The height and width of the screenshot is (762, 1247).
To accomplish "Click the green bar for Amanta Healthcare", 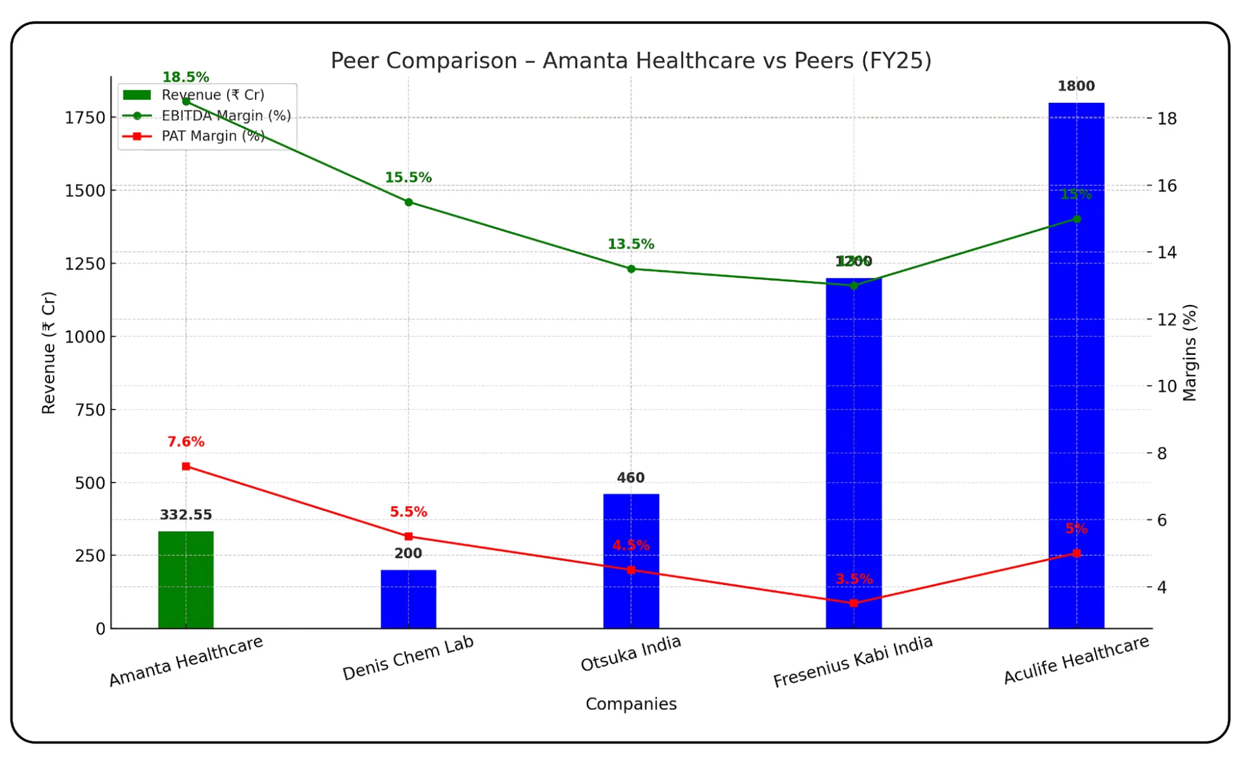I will coord(186,580).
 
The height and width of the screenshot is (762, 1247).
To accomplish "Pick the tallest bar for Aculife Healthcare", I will coord(1076,374).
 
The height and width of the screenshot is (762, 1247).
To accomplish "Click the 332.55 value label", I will coord(186,515).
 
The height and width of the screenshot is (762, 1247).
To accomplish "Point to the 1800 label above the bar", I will coord(1076,86).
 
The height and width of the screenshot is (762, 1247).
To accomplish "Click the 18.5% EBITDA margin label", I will coord(186,77).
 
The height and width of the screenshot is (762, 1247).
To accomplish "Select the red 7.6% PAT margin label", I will coord(186,442).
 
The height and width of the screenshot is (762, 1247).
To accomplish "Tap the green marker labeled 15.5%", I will coord(409,202).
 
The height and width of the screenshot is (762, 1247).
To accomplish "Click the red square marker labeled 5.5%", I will coord(409,536).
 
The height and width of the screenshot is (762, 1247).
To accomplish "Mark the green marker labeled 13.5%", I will coord(631,269).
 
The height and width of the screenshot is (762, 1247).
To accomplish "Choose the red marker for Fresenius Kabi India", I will coord(853,603).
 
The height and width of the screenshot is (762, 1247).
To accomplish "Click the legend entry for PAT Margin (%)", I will coord(213,136).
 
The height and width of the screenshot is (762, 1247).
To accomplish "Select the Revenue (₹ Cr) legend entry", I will coord(213,95).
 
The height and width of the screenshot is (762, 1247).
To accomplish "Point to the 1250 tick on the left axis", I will coord(85,264).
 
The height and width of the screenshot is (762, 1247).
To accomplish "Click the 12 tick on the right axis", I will coord(1167,320).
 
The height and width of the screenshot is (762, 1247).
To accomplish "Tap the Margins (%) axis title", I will coord(1190,352).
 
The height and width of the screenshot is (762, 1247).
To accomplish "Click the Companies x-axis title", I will coord(631,704).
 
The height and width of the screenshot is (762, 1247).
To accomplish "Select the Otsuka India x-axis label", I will coord(631,654).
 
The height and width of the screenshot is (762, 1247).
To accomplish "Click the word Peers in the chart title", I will coord(823,61).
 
